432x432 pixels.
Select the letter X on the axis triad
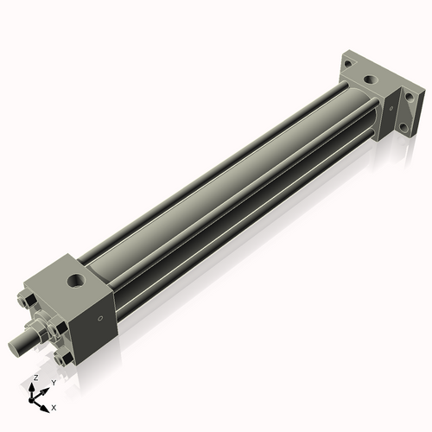(x=54, y=406)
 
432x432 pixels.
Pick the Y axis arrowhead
(x=46, y=388)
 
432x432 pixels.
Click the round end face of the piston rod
(x=15, y=346)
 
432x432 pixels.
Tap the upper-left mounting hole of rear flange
(x=347, y=63)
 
